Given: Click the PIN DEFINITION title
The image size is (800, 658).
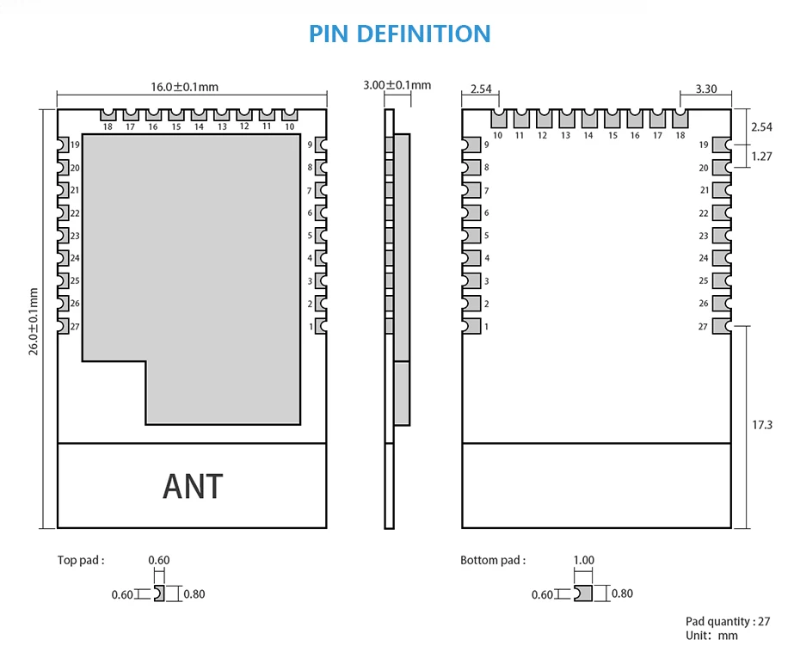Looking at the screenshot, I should point(400,34).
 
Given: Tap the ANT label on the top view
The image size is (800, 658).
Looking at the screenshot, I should point(193,487).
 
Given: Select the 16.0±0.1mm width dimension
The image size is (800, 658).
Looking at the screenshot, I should point(184,87).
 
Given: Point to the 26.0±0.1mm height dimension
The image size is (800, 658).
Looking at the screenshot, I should point(34,321).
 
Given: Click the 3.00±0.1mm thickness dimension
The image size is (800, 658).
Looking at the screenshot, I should point(397,85).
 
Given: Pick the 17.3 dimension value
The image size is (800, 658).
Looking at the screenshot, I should point(762,425).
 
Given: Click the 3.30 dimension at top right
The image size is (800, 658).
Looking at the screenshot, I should point(705,89).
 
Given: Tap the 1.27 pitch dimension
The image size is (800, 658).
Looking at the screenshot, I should point(762,157).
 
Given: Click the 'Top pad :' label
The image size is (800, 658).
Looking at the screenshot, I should point(81,561).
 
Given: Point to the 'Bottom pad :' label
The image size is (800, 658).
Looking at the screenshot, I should point(492,561).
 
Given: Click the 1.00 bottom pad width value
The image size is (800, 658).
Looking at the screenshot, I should point(583,561).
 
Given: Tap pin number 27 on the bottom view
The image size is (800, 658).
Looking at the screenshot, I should point(703,327).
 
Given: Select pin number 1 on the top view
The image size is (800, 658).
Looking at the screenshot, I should point(311,327).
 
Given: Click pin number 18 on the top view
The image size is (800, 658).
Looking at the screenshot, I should point(108,127).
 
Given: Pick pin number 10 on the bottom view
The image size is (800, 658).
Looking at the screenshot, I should point(497,136).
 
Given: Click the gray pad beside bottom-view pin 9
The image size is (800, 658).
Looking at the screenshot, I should point(471,145).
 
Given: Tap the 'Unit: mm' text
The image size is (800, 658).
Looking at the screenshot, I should point(711,636).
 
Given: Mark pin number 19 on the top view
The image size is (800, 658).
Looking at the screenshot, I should point(76,145).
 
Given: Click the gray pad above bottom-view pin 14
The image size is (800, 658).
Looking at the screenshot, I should point(588,119).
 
